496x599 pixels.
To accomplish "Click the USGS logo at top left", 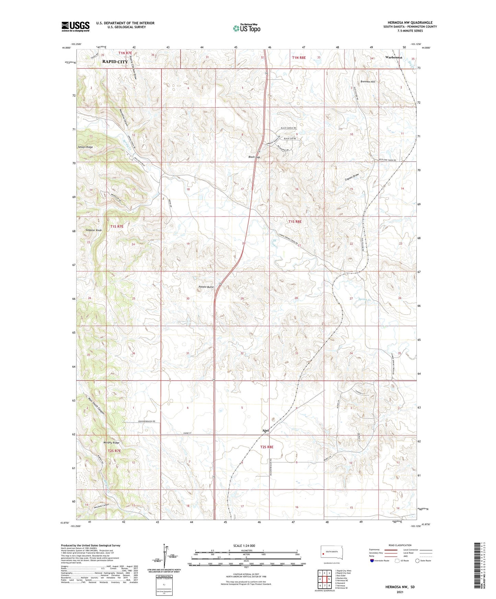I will click(x=75, y=26).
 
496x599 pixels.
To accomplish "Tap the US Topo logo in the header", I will click(x=246, y=28).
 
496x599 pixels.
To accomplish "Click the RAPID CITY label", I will click(x=115, y=62).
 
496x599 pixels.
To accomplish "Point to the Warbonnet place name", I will click(x=393, y=57).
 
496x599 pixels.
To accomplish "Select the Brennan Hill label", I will click(x=368, y=82).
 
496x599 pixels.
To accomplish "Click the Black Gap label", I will click(x=254, y=157).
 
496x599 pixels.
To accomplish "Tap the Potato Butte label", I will click(x=206, y=287).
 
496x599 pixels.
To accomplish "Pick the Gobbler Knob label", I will click(x=94, y=230).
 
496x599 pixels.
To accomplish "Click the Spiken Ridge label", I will click(x=85, y=147).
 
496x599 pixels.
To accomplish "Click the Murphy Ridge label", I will click(x=111, y=443).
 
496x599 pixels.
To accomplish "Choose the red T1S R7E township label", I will click(x=117, y=226).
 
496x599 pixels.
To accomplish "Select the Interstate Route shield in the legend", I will click(x=372, y=561).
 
